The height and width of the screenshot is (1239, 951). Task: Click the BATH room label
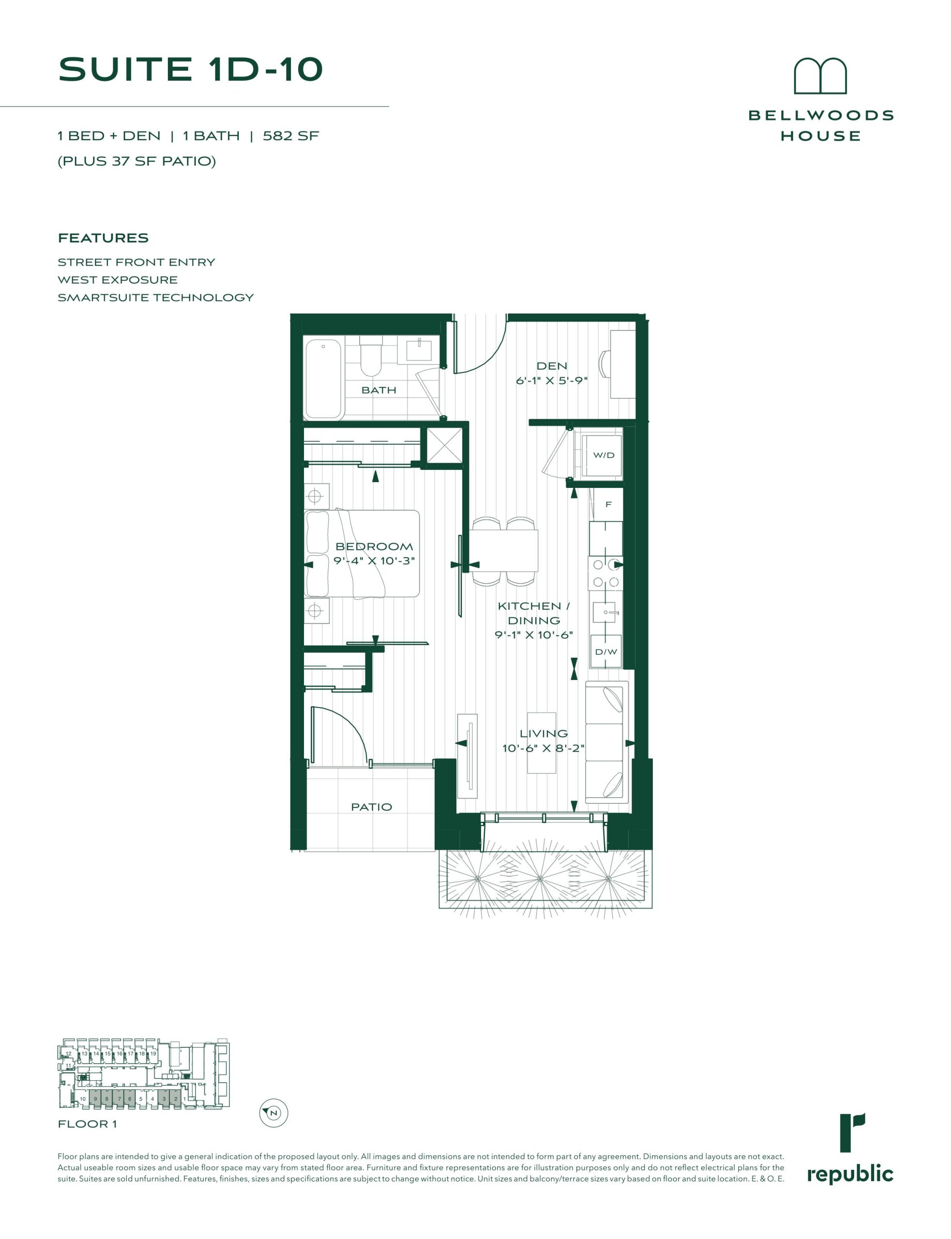click(x=378, y=390)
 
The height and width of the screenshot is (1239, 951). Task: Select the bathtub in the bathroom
click(x=324, y=378)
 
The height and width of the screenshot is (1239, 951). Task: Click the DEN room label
click(x=551, y=366)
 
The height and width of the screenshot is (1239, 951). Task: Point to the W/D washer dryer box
click(x=604, y=455)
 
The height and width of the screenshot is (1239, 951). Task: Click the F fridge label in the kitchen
click(x=608, y=504)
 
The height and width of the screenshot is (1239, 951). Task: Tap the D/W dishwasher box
click(x=606, y=651)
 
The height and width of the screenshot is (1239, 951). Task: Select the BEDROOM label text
click(x=374, y=546)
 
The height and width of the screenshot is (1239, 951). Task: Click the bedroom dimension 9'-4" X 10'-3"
click(x=374, y=561)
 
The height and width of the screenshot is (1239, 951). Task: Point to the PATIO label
click(x=371, y=807)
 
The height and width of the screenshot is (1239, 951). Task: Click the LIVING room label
click(x=543, y=734)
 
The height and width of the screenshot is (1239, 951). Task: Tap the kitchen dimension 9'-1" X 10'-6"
click(x=534, y=635)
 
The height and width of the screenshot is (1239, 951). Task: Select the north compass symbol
click(x=274, y=1113)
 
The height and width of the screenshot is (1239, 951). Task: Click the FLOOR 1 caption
click(x=87, y=1124)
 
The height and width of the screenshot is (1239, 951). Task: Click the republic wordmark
click(x=850, y=1176)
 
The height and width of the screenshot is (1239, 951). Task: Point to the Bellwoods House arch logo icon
click(x=820, y=76)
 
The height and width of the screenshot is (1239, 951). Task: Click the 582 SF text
click(x=291, y=136)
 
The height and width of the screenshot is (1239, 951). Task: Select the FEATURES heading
click(x=103, y=238)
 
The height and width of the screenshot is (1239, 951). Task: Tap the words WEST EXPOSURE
click(x=118, y=280)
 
